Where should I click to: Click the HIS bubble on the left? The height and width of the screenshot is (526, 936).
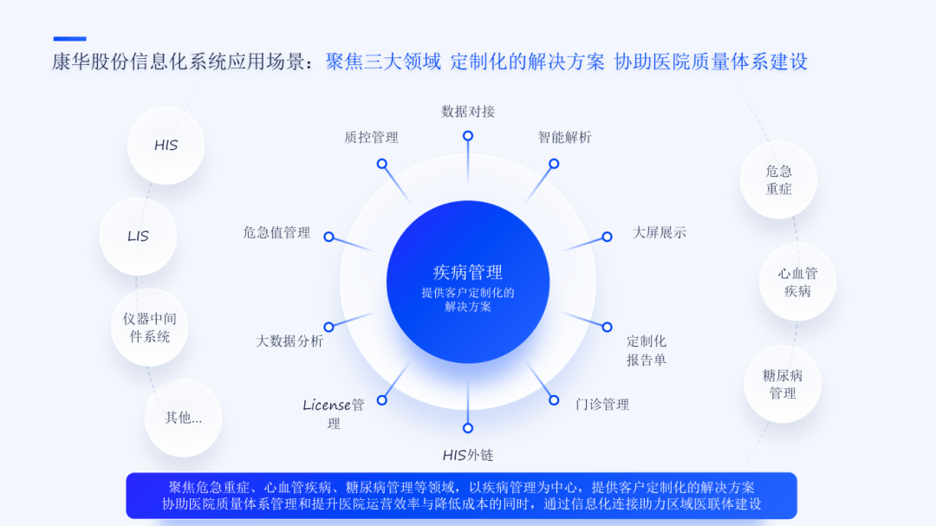166,146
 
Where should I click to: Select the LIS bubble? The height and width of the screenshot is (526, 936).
138,236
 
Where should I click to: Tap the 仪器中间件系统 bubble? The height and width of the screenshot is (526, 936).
150,328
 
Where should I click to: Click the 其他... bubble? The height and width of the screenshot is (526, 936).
183,418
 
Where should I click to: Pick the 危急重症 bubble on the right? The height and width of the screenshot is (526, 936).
778,180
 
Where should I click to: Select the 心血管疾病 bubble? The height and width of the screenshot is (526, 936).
797,282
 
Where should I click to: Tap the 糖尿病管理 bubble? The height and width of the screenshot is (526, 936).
783,384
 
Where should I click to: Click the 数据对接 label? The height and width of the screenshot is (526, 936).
468,112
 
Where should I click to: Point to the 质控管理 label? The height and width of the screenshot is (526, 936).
371,137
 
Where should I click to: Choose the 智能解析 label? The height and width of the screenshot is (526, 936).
564,137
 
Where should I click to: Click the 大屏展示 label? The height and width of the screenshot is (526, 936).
659,232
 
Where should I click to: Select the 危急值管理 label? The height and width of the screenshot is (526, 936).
276,232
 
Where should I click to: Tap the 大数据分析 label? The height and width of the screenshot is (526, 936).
289,341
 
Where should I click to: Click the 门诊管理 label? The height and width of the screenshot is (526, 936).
602,404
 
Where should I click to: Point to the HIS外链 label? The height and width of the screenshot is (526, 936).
468,455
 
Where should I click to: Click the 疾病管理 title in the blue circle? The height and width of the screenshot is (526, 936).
468,273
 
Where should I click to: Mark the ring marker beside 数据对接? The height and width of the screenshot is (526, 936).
468,136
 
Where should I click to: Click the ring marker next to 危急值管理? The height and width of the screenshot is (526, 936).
328,236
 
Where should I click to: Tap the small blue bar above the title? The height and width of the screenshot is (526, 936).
69,39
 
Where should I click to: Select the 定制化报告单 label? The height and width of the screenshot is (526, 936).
647,350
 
